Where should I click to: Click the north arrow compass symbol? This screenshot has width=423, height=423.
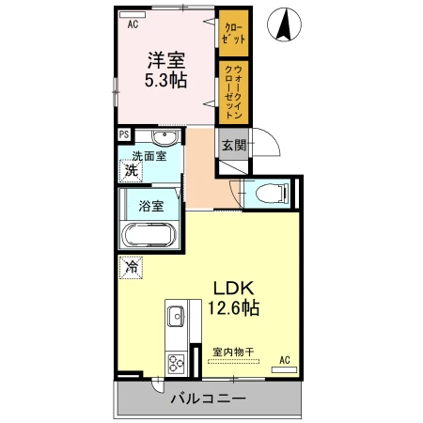pos(284,24)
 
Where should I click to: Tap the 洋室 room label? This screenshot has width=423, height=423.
pos(166,60)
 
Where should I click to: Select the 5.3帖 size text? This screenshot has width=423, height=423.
pos(165,80)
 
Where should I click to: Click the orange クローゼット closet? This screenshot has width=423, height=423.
pos(234,33)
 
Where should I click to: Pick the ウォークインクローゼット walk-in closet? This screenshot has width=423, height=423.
pos(234,92)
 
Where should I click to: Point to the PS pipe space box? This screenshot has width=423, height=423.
pos(124,134)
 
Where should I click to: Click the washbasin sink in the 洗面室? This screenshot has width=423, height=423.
pos(164,137)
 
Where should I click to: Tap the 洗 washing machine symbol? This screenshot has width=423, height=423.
pos(132,171)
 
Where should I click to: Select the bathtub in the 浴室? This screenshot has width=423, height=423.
pos(149,235)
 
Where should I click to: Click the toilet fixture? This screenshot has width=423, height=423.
pos(272,193)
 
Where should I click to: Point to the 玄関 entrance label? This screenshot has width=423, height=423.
pos(234,145)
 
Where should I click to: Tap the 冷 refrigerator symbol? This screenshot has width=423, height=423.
pos(132,267)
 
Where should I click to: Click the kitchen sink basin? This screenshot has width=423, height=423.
pos(176,316)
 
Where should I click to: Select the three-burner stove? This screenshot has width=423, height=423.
pos(176,364)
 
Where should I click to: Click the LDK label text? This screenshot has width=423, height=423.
pos(233,289)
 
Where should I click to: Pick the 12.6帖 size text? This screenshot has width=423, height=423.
pos(234,307)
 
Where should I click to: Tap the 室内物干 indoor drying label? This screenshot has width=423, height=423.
pos(233,352)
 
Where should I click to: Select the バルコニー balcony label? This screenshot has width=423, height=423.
pos(208,399)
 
